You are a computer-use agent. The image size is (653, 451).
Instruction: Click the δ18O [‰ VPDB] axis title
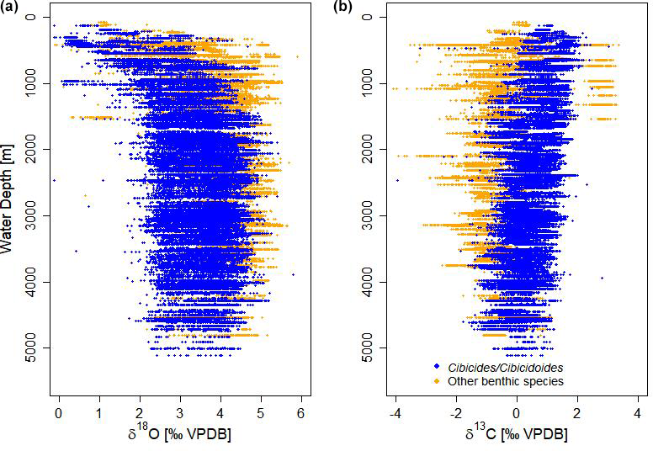(177, 435)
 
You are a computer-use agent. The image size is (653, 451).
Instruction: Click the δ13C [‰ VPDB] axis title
(515, 435)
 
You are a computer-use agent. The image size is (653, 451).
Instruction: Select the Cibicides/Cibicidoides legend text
(506, 367)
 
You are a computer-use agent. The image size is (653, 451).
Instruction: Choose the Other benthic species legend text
(505, 381)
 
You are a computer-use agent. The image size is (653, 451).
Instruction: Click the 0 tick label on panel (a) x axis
(58, 413)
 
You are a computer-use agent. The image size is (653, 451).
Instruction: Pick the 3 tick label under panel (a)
(179, 413)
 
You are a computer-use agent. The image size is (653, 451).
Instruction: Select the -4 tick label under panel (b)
(394, 413)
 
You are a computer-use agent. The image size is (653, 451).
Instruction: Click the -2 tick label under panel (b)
(455, 413)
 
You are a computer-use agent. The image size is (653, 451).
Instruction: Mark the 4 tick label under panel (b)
(637, 413)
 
